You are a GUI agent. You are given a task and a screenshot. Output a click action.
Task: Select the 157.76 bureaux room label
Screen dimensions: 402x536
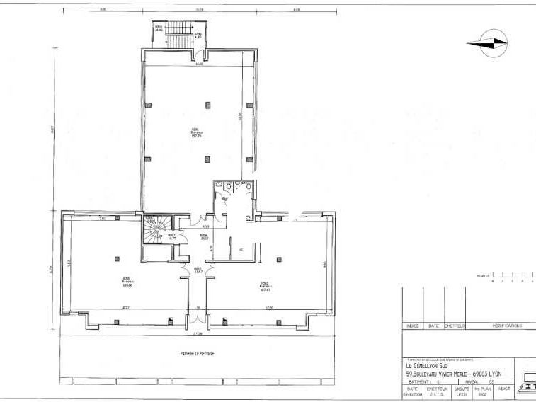coord(197,133)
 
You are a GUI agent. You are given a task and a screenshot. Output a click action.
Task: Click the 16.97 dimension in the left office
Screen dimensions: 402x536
coord(125,307)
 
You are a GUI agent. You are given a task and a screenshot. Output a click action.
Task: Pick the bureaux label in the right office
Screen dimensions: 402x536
coord(266,287)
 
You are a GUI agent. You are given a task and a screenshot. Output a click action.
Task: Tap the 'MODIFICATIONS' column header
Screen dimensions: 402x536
coord(506,326)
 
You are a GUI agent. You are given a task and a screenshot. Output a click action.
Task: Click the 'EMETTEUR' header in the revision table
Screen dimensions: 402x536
coord(454,326)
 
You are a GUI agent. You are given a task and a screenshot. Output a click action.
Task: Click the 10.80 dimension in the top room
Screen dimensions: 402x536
coord(200,64)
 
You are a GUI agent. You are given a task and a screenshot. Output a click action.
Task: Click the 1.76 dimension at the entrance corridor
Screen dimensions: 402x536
coord(198,307)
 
